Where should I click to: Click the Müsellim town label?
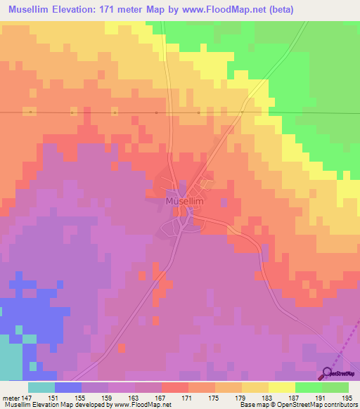tap(184, 201)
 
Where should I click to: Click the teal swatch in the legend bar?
tap(41, 387)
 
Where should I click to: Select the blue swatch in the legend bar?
tap(68, 387)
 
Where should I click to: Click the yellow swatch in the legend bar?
tap(282, 387)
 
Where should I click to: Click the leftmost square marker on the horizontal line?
tap(30, 112)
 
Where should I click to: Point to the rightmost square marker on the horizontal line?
tap(241, 112)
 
